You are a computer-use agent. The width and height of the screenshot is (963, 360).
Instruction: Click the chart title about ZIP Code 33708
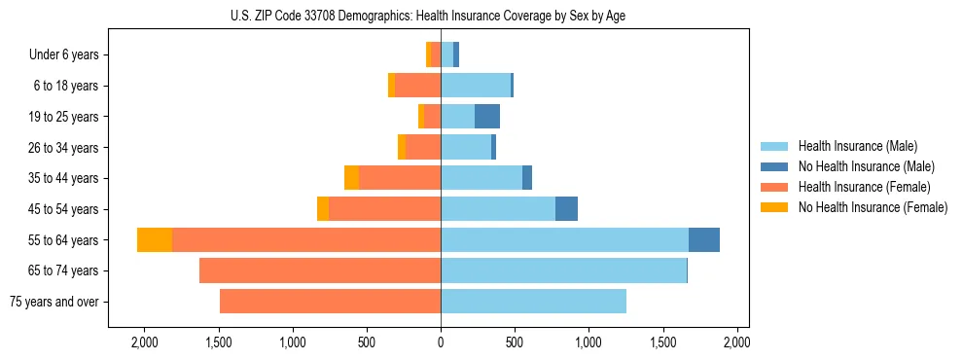tap(441, 16)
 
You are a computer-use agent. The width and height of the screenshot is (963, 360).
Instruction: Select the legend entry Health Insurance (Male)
tap(851, 146)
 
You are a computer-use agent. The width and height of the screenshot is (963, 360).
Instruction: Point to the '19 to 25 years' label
tap(63, 117)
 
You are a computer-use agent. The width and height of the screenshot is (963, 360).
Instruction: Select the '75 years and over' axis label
tap(53, 302)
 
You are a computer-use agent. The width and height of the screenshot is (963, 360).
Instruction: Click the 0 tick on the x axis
tap(441, 342)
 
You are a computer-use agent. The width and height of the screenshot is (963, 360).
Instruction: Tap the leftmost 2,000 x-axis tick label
tap(144, 342)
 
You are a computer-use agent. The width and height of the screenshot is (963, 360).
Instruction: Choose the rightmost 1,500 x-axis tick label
tap(663, 342)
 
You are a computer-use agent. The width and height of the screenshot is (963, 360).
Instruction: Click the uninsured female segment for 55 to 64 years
tap(155, 240)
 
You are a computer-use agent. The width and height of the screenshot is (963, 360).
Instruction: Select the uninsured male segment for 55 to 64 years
tap(704, 240)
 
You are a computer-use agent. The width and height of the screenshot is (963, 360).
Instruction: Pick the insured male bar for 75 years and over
tap(533, 302)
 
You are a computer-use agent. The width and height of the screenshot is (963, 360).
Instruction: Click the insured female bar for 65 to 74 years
tap(320, 270)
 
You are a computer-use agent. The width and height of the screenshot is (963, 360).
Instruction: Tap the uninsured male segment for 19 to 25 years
tap(487, 117)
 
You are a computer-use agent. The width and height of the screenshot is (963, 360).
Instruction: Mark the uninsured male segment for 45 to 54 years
tap(566, 209)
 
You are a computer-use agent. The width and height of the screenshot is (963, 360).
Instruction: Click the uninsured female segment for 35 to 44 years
tap(351, 178)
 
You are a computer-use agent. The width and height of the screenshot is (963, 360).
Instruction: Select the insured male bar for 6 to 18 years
tap(476, 86)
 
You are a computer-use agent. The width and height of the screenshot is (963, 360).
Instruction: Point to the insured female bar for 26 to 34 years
tap(423, 148)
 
